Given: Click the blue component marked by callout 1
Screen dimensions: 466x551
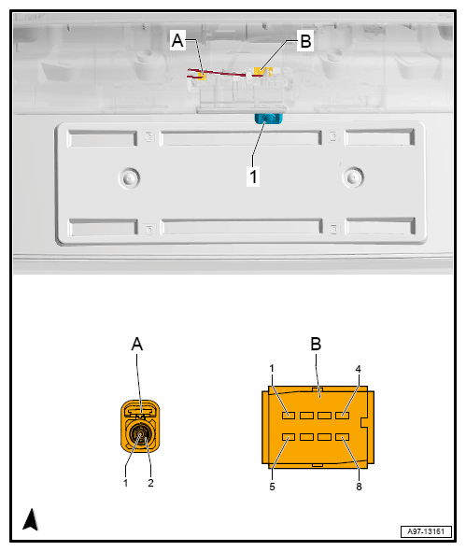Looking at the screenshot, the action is click(x=269, y=119).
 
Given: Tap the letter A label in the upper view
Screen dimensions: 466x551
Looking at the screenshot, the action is click(x=177, y=40).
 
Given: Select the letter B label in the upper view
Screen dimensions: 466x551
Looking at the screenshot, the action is click(x=305, y=41).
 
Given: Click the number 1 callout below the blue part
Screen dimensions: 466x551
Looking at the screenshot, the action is click(x=253, y=176).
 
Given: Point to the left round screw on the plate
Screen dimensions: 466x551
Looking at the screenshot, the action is click(x=129, y=177).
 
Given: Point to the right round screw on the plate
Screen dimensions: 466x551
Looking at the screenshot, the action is click(x=353, y=177).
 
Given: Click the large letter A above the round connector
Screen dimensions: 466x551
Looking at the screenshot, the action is click(x=137, y=344).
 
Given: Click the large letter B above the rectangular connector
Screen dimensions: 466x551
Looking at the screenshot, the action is click(x=316, y=344).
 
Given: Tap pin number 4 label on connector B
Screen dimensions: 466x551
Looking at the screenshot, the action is click(x=358, y=369).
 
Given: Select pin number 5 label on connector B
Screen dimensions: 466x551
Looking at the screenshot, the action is click(x=272, y=487).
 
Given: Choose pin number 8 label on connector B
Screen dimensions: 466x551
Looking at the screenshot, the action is click(x=359, y=487).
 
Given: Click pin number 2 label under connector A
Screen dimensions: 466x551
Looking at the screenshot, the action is click(x=150, y=483).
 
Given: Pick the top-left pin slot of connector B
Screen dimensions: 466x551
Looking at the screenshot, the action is click(x=289, y=416).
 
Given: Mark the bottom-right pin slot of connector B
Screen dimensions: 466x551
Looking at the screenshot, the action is click(x=342, y=437).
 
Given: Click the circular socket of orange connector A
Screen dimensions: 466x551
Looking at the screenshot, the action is click(x=139, y=434).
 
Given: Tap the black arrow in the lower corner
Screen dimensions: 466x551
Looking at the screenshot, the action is click(x=31, y=519).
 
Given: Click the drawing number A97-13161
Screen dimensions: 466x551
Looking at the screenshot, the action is click(x=426, y=531).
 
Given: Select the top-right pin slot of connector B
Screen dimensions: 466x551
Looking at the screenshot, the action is click(x=342, y=416).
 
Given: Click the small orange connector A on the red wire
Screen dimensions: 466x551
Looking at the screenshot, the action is click(x=202, y=76).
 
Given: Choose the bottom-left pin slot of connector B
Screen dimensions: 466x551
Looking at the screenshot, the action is click(x=289, y=437).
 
